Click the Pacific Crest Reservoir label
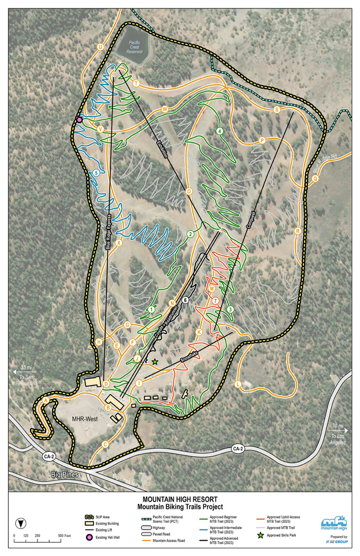tap(134, 45)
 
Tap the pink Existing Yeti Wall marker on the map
tap(79, 120)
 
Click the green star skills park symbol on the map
tap(155, 361)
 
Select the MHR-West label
tap(84, 419)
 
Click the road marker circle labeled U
tap(100, 47)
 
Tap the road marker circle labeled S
tap(277, 110)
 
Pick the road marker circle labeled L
tap(238, 384)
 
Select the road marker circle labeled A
tap(46, 400)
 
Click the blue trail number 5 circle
tap(96, 173)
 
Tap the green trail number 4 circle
tap(219, 131)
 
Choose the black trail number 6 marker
tap(185, 300)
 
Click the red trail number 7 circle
tap(215, 301)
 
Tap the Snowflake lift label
tap(189, 356)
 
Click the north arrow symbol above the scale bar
tap(20, 523)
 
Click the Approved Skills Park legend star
tap(260, 535)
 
